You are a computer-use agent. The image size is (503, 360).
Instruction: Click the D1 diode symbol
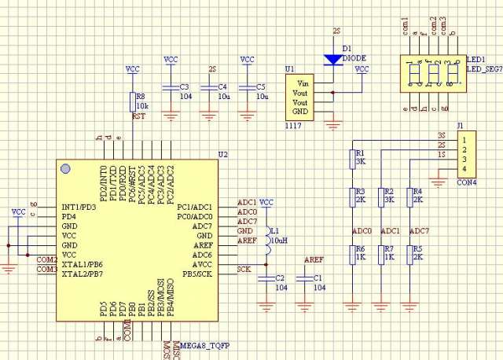[333, 57]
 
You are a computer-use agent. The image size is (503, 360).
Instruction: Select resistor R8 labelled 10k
[132, 101]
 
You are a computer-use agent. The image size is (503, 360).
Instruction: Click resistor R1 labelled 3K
[354, 158]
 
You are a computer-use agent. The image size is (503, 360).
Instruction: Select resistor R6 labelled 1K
[354, 256]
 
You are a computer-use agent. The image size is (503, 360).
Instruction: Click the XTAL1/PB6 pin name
[82, 263]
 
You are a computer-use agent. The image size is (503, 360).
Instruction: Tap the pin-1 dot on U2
[65, 169]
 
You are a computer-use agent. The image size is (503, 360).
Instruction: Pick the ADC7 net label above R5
[420, 231]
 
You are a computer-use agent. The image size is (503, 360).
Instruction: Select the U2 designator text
[222, 154]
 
